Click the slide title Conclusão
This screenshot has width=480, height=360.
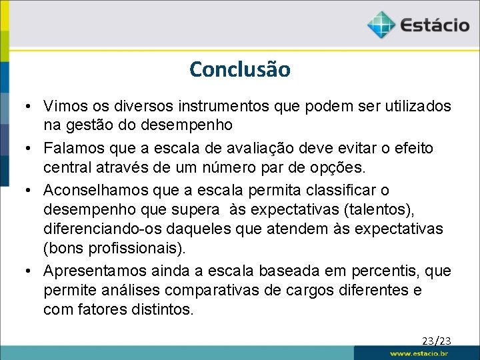pyautogui.click(x=240, y=69)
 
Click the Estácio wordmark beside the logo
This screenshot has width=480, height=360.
pyautogui.click(x=435, y=26)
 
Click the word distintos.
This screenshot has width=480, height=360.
pyautogui.click(x=163, y=311)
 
